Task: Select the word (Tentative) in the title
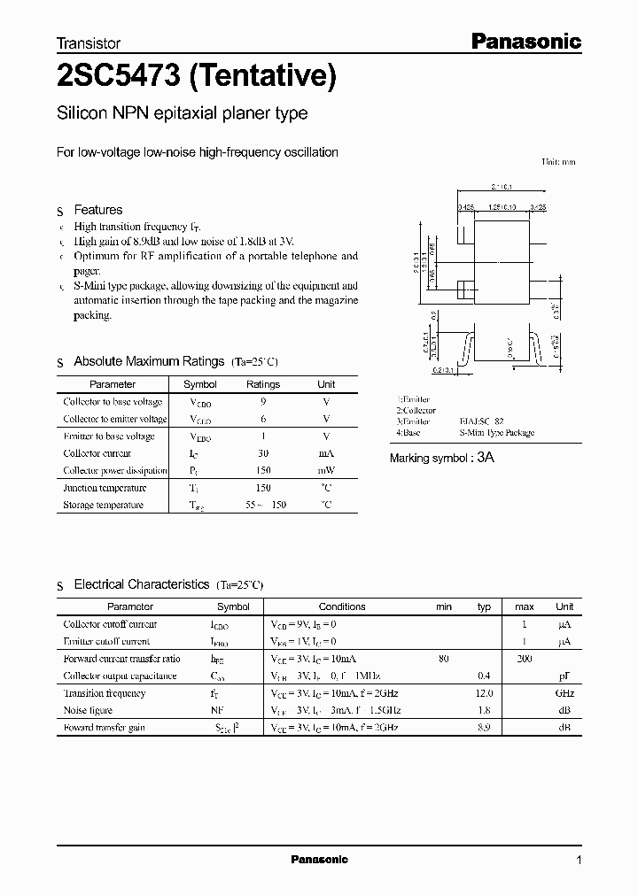click(x=263, y=78)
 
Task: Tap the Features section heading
click(x=97, y=210)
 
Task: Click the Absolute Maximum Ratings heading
click(x=148, y=361)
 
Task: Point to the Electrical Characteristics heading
click(x=141, y=584)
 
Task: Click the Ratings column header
click(x=262, y=384)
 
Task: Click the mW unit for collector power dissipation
click(x=326, y=471)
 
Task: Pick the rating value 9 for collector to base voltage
click(x=263, y=402)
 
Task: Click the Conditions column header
click(x=342, y=606)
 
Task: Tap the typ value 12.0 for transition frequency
click(x=484, y=693)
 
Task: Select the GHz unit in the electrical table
click(x=564, y=693)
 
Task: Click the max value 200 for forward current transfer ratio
click(x=525, y=659)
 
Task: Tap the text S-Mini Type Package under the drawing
click(x=496, y=433)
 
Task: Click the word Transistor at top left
click(x=89, y=42)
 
